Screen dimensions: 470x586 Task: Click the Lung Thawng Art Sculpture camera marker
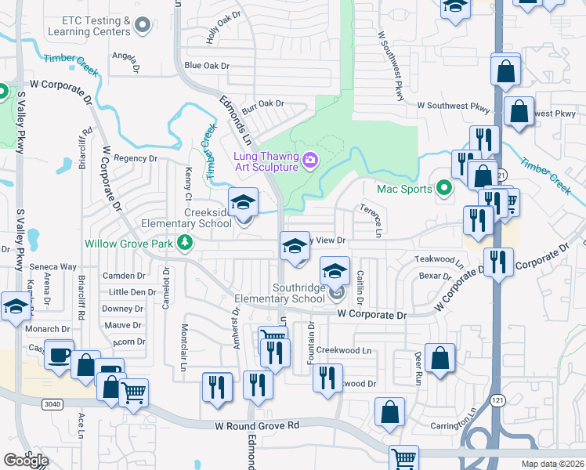(310, 161)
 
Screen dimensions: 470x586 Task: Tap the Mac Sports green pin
(444, 188)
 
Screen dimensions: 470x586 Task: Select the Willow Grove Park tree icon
(185, 244)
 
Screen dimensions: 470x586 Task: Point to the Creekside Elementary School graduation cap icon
(243, 202)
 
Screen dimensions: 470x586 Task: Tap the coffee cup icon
(59, 354)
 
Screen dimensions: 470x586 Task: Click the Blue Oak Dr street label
(205, 66)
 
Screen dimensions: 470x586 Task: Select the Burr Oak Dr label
(262, 103)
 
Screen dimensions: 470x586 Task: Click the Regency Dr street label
(136, 158)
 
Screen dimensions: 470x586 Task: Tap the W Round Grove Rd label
(258, 426)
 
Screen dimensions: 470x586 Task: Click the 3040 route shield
(49, 402)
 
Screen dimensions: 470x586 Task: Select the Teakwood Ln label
(434, 259)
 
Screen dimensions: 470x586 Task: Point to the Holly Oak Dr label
(223, 27)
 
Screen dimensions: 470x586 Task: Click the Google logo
(26, 461)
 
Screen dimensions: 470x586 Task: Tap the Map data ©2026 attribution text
(552, 464)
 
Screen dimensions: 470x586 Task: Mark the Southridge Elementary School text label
(298, 293)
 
